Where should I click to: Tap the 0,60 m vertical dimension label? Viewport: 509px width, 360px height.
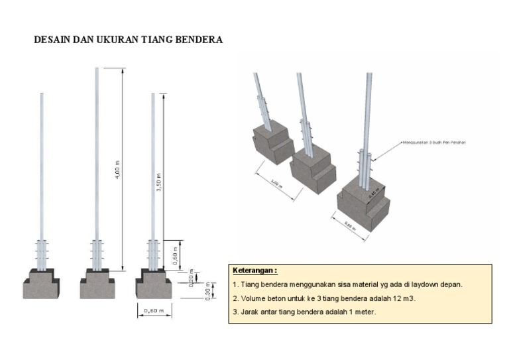coord(174,257)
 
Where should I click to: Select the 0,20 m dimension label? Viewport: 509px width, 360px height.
coord(191,277)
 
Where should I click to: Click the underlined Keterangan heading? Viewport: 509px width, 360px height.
coord(255,271)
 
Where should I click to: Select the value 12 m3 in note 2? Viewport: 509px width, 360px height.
coord(403,298)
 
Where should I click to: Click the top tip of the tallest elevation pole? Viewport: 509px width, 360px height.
coord(97,69)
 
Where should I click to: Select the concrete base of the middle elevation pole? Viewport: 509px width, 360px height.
coord(97,286)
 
